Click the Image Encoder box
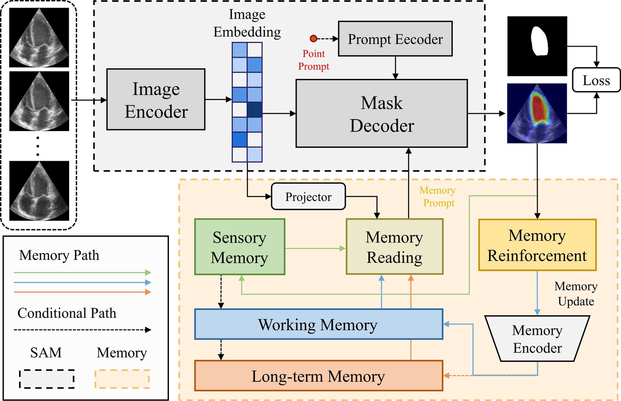(x=156, y=99)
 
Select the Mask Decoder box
(x=381, y=114)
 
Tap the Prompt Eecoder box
(x=395, y=39)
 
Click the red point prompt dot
(x=314, y=39)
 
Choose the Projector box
(x=308, y=197)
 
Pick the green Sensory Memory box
(x=240, y=247)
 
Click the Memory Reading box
(x=394, y=247)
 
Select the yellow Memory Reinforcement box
(x=537, y=245)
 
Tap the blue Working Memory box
(x=318, y=325)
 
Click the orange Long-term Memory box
(x=318, y=376)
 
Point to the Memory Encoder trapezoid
(x=537, y=338)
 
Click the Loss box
(x=596, y=80)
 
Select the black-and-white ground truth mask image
(x=537, y=46)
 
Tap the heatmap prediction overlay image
(x=537, y=113)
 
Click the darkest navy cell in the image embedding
(x=255, y=110)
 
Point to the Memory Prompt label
(x=438, y=196)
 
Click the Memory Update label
(x=576, y=294)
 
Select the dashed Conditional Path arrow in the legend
(x=83, y=330)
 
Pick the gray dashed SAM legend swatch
(x=47, y=379)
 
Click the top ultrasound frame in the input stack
(x=39, y=38)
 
